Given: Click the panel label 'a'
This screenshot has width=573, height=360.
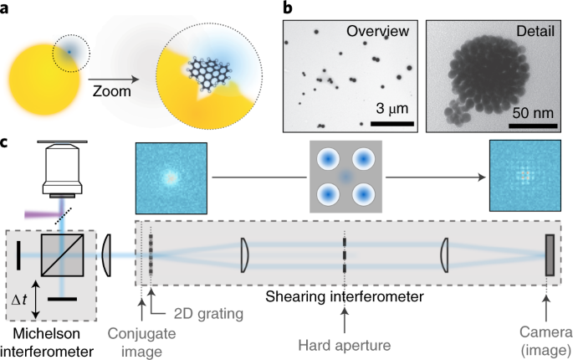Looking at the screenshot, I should tap(7, 9).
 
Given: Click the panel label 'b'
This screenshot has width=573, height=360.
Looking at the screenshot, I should tap(288, 9).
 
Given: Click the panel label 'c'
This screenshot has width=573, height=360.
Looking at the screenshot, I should tap(7, 144).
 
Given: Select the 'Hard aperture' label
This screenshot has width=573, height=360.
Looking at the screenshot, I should tap(344, 342).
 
